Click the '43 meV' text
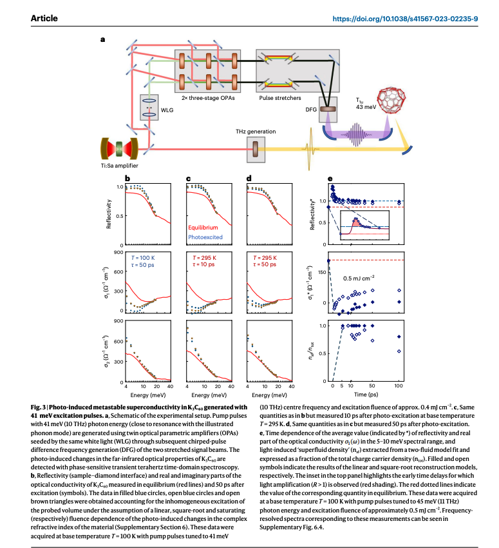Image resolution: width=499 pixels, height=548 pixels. click(366, 106)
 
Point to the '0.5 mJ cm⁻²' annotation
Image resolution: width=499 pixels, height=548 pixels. click(360, 278)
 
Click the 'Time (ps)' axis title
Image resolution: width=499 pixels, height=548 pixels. click(365, 394)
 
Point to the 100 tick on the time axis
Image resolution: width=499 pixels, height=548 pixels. click(399, 386)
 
